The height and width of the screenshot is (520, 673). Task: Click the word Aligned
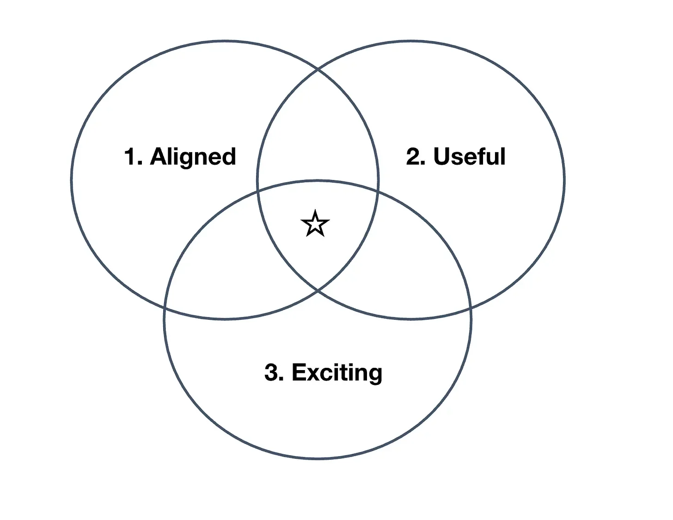(193, 157)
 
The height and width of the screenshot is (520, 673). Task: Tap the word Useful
(469, 157)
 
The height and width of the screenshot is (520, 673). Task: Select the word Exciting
(337, 372)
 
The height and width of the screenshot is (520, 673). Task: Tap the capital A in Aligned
(158, 157)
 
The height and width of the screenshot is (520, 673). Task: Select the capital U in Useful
(443, 157)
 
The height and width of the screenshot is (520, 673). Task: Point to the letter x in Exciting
(315, 373)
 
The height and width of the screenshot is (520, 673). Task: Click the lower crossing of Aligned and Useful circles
(318, 290)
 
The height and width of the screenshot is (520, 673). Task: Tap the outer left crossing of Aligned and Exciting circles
(165, 307)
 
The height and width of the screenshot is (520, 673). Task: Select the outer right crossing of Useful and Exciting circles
(470, 307)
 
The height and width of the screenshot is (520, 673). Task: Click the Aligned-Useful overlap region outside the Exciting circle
(318, 139)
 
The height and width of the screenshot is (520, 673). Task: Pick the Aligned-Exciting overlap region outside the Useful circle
(222, 259)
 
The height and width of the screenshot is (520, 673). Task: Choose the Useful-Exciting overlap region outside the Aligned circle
(414, 259)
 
